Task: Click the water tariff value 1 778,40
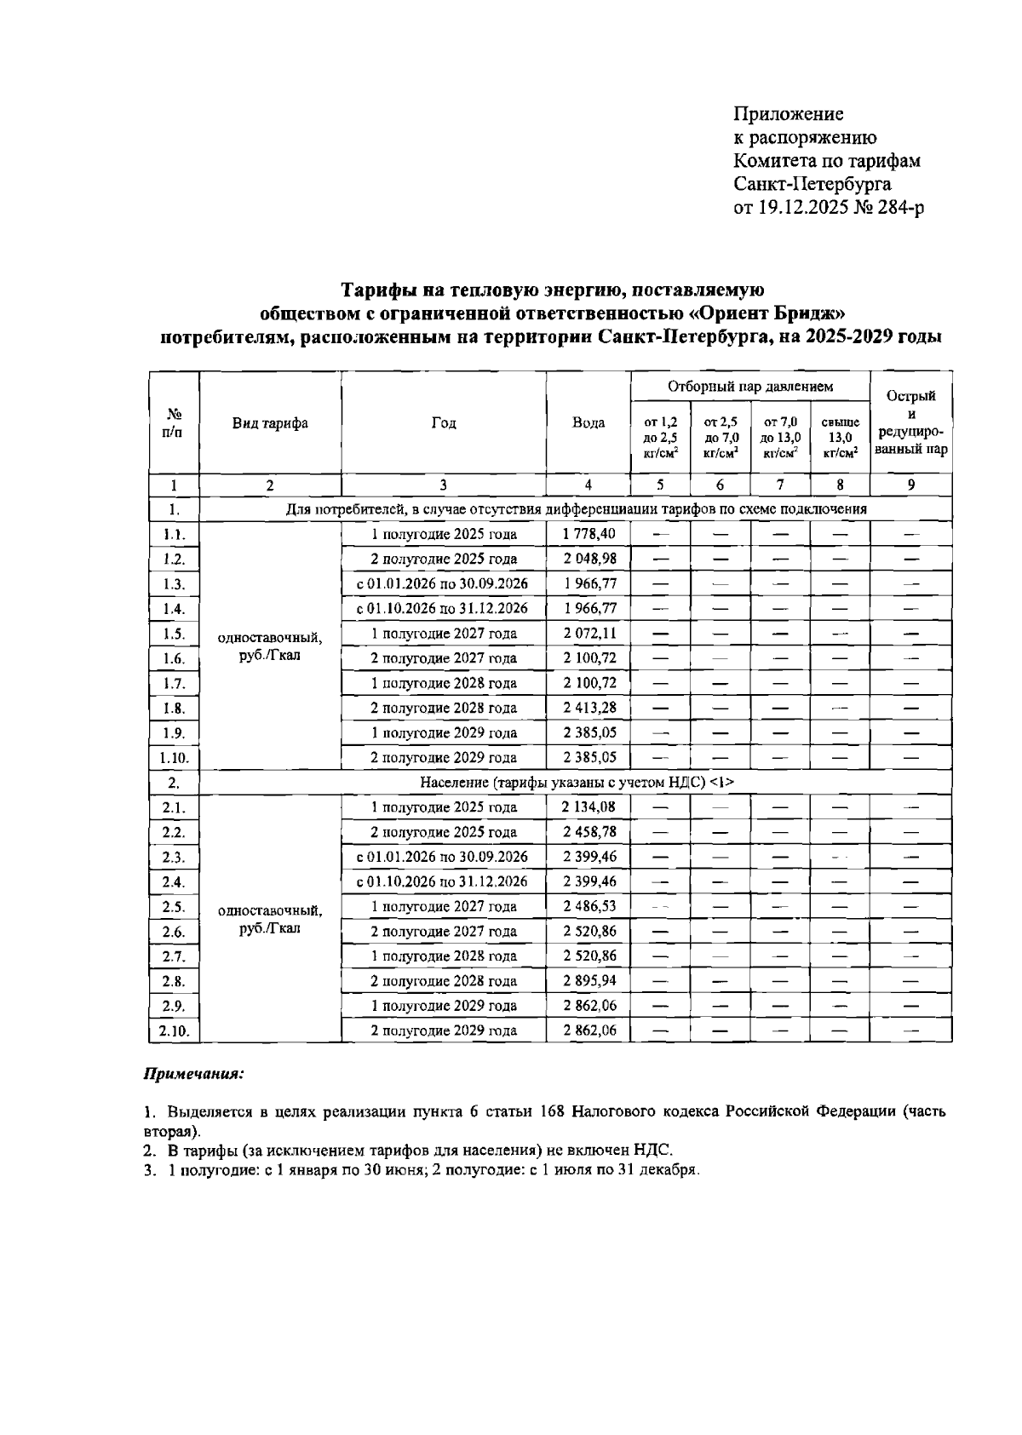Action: (589, 534)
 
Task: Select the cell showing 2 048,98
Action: (589, 559)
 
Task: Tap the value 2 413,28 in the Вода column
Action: (589, 708)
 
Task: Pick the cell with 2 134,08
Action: (589, 807)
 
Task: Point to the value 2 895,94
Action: (589, 981)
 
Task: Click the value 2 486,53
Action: (589, 907)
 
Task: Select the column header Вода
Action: (589, 423)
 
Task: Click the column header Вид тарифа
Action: (270, 423)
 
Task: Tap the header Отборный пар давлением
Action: (749, 387)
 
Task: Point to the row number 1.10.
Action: (174, 758)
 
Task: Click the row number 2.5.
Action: (174, 907)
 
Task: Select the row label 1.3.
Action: (174, 584)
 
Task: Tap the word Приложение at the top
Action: (789, 114)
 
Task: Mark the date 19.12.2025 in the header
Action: (803, 207)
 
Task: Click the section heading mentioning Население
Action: (577, 783)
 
